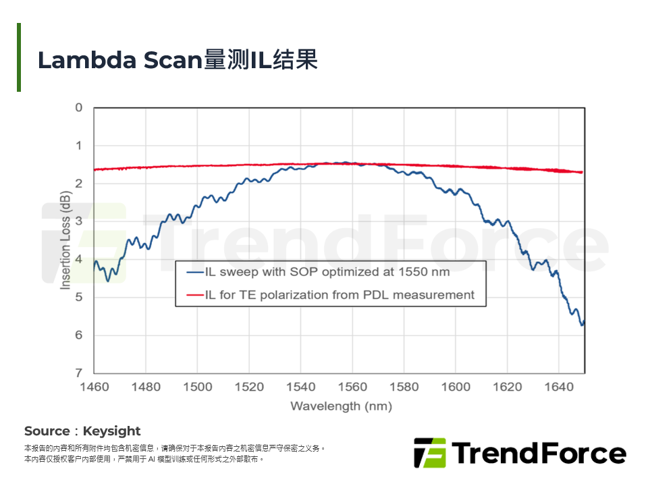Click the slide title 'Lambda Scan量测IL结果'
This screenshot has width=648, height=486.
point(177,59)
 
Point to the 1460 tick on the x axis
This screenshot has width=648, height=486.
point(94,387)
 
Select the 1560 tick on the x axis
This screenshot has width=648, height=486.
point(352,387)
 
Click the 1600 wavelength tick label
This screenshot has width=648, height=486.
point(456,387)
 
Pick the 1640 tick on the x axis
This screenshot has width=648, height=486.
point(559,387)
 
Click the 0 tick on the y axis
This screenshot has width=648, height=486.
point(79,108)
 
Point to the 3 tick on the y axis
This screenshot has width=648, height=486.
point(79,221)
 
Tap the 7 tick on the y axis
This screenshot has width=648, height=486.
point(79,373)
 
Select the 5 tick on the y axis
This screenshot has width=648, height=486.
point(79,297)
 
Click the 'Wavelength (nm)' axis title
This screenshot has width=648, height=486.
point(341,406)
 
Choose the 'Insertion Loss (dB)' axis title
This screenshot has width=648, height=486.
point(65,240)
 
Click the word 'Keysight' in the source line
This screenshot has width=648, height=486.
point(112,431)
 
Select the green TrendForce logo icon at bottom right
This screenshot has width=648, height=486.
point(429,453)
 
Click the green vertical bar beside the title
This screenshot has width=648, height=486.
point(19,57)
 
